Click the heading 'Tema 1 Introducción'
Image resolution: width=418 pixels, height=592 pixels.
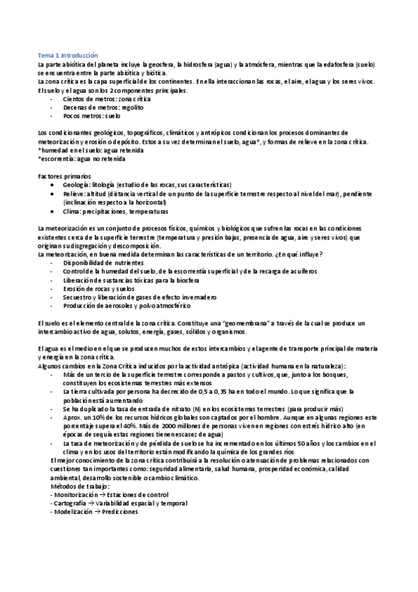coord(68,54)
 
